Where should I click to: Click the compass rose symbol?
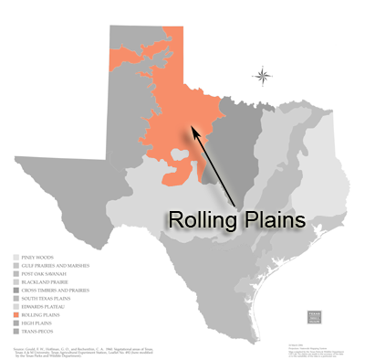(263, 76)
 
